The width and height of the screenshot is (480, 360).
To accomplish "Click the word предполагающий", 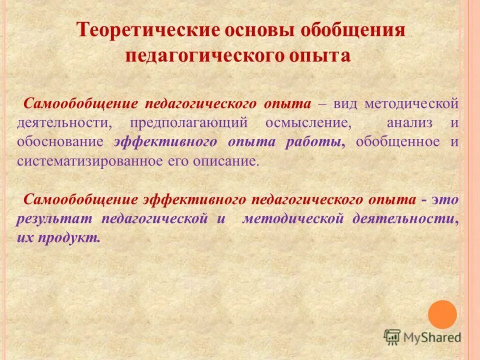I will coord(189,123).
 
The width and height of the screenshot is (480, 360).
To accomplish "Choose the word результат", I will coord(52,218).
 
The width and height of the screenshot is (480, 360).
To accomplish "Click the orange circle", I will coord(442,314).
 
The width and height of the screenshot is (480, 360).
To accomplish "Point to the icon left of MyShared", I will coord(392,337).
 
